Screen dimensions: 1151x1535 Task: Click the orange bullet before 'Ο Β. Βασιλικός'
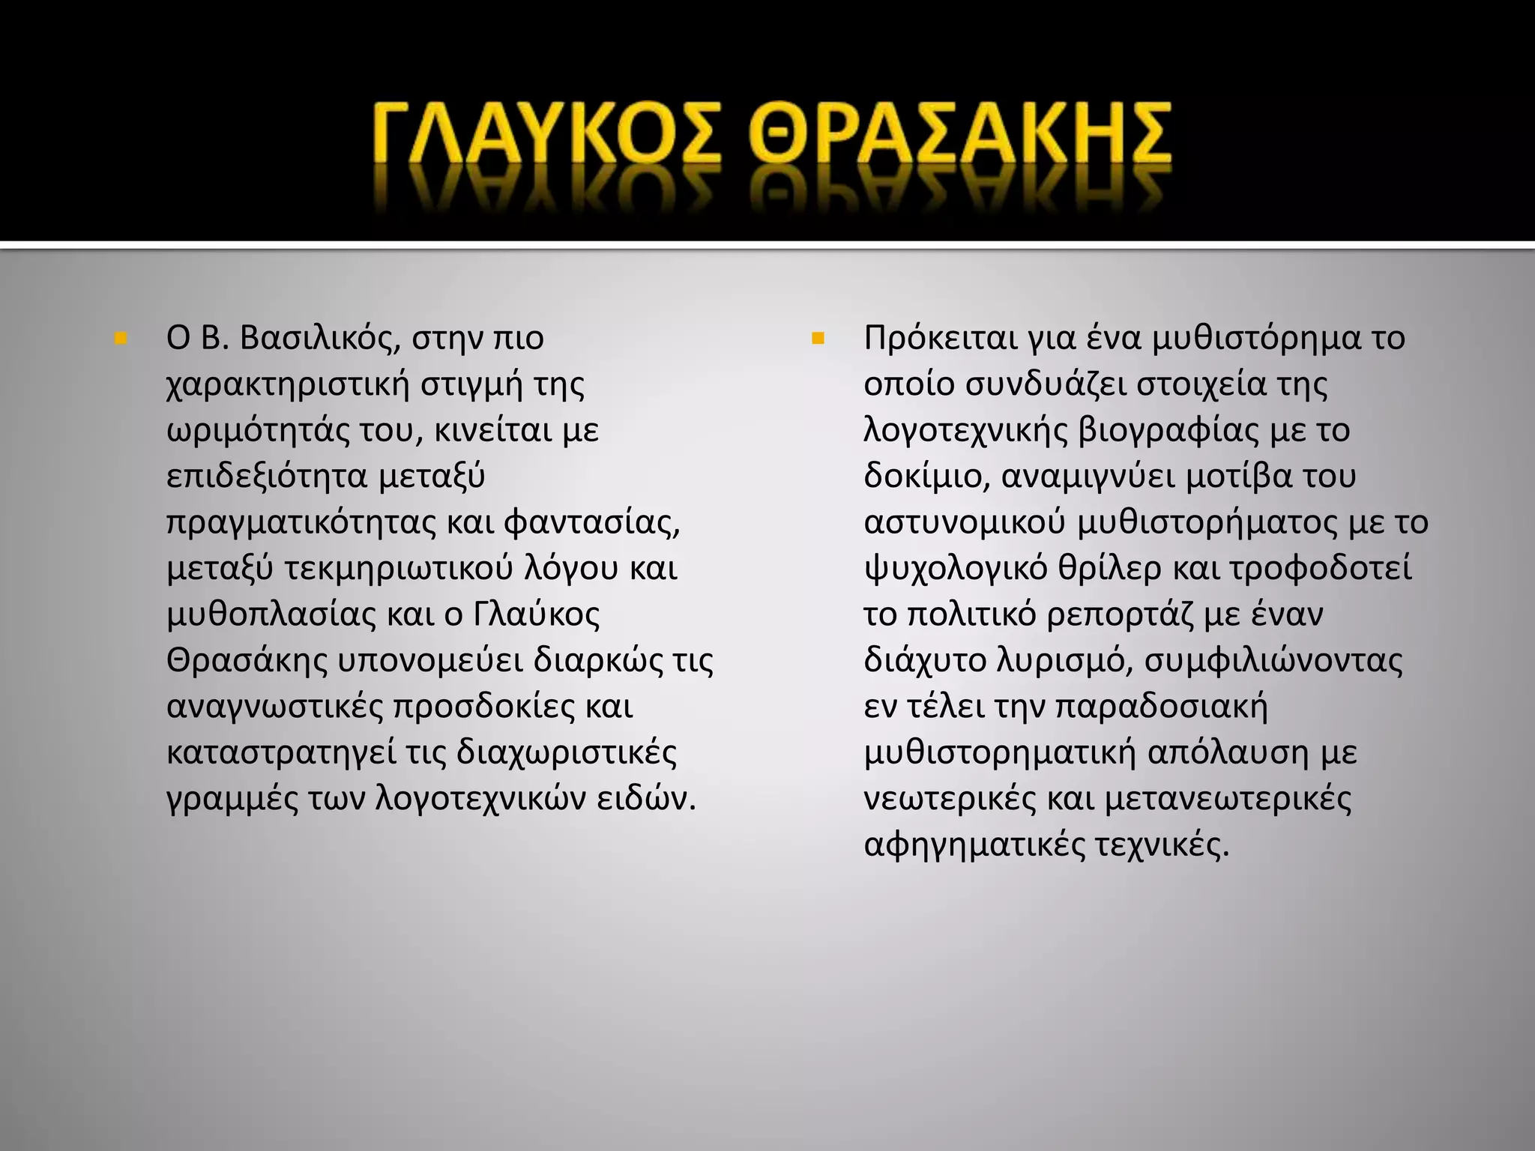coord(119,339)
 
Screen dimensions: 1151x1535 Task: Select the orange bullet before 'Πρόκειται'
coord(817,339)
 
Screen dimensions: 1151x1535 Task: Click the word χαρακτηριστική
coord(288,385)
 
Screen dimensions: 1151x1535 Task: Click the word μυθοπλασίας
coord(270,615)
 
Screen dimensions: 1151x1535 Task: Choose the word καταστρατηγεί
coord(281,753)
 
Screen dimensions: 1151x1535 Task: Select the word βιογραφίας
coord(1159,432)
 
